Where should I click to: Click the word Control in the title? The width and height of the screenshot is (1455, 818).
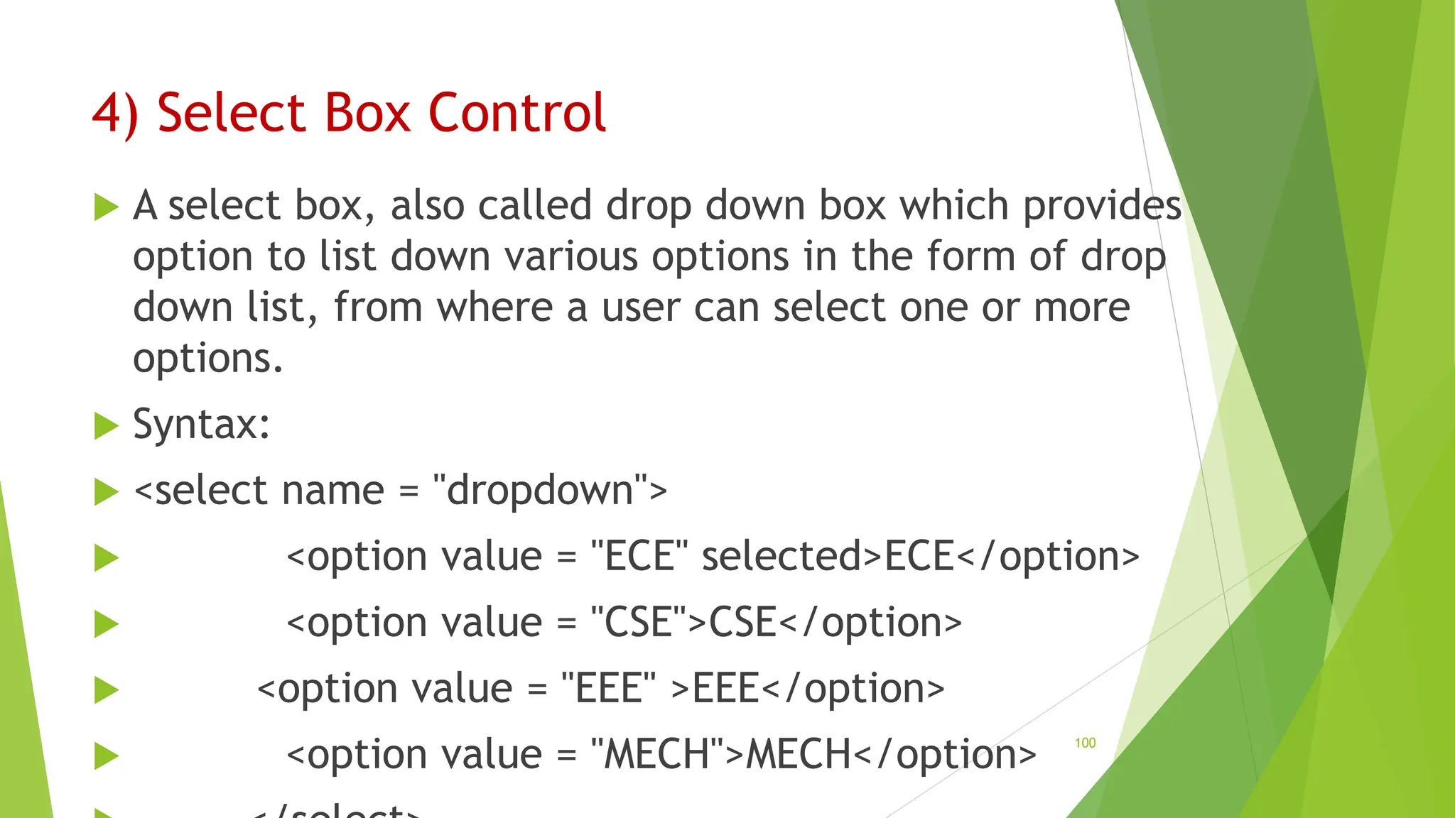[516, 113]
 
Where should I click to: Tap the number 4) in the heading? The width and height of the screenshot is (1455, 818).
[114, 113]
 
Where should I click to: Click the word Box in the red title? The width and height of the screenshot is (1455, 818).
[367, 113]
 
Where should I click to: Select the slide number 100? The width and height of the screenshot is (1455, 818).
[1085, 743]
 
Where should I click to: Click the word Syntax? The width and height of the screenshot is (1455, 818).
[201, 425]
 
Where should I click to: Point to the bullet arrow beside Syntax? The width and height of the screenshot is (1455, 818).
[106, 426]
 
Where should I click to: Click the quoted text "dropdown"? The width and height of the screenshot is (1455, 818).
[541, 491]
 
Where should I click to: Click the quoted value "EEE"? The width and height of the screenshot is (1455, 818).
[608, 689]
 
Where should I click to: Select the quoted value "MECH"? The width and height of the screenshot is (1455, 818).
[658, 754]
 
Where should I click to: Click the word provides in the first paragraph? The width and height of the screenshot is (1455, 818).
[1102, 206]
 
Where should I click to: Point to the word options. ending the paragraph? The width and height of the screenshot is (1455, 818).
[207, 359]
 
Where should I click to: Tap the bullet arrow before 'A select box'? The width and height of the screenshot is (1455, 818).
[106, 207]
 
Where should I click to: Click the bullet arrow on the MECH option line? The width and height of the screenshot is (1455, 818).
[106, 756]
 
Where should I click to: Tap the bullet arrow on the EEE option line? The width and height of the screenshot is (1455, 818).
[106, 690]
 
